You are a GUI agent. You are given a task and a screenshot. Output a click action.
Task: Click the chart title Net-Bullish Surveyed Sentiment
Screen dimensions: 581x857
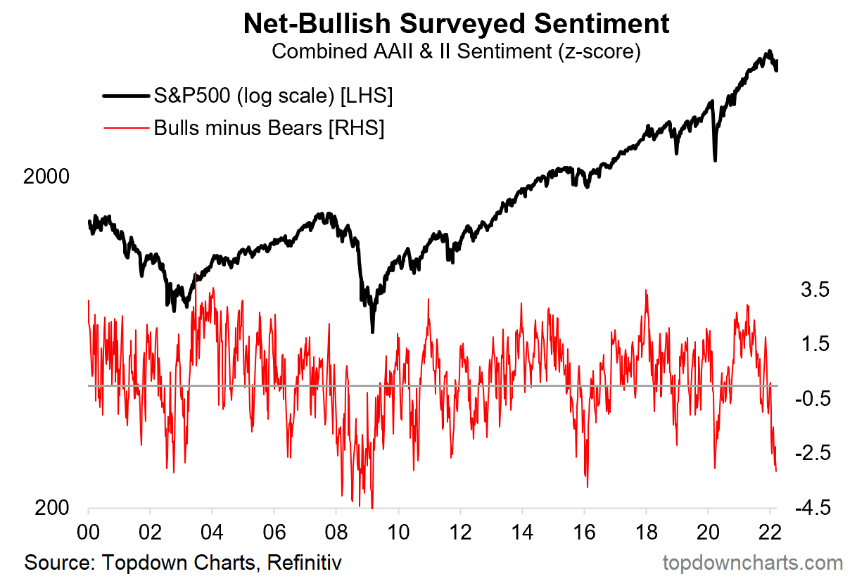(x=456, y=24)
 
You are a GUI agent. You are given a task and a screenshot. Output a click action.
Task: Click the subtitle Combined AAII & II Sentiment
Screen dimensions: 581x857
(x=456, y=53)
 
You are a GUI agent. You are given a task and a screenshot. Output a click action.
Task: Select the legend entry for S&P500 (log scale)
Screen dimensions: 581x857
(x=272, y=96)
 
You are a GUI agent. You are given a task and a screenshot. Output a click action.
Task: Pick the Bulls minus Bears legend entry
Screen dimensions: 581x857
(x=269, y=129)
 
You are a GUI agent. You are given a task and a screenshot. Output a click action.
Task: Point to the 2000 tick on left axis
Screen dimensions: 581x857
(x=46, y=177)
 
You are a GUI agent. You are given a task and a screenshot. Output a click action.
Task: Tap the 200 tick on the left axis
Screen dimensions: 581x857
(x=53, y=508)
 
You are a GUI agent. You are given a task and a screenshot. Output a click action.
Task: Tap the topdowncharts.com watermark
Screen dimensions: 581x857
(x=753, y=563)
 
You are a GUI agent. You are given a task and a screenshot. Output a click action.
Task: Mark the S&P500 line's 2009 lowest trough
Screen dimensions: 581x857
(x=372, y=331)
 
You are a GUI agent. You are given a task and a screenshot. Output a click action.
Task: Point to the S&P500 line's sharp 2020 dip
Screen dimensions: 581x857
(x=715, y=160)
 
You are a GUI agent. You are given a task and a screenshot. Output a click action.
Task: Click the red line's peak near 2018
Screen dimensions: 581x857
(x=645, y=290)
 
